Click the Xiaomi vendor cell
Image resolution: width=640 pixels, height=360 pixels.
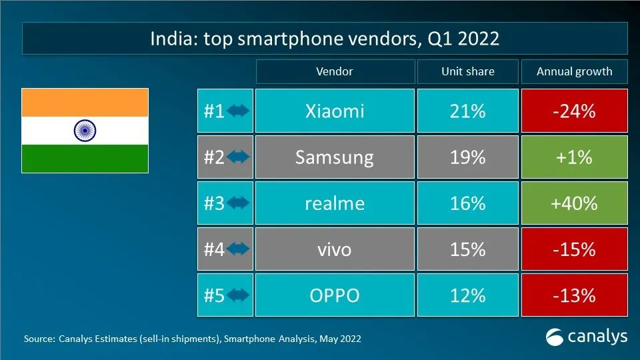tap(334, 111)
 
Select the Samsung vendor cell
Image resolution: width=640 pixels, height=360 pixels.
tap(334, 157)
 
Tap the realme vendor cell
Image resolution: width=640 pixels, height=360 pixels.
tap(334, 203)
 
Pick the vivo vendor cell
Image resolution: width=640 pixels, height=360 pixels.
tap(334, 249)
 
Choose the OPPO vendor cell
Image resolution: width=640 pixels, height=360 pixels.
tap(334, 295)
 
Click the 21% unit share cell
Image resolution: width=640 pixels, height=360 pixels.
tap(467, 111)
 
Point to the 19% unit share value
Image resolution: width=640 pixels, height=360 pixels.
tap(467, 157)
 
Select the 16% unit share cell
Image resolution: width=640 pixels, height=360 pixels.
tap(467, 203)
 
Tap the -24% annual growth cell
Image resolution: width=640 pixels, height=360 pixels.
tap(574, 111)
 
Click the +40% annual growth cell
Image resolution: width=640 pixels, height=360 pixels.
tap(574, 203)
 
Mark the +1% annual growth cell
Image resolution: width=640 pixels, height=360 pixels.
tap(574, 157)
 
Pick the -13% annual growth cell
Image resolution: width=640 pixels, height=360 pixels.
tap(574, 295)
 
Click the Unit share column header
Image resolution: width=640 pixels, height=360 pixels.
tap(467, 71)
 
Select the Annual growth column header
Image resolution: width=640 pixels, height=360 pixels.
tap(574, 71)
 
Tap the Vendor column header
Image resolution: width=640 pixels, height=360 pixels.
tap(334, 71)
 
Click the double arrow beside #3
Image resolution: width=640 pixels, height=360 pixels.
tap(238, 203)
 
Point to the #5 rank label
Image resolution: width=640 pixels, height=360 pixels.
tap(214, 295)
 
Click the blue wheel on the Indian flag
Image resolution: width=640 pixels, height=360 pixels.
tap(85, 130)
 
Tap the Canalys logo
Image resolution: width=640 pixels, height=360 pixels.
tap(587, 337)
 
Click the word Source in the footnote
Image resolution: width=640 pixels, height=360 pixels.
tap(39, 339)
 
